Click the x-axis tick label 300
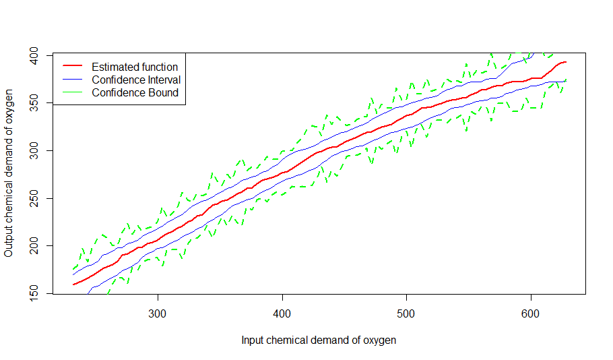[158, 314]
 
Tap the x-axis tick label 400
[282, 314]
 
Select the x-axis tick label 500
[406, 314]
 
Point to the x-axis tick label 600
[531, 314]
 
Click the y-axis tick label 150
[34, 293]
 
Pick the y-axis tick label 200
[34, 246]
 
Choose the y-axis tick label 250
[34, 198]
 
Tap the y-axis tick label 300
[34, 150]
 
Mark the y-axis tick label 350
[34, 103]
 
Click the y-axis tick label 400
[34, 55]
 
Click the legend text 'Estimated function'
[135, 67]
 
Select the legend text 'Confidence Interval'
[136, 80]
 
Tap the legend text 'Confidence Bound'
[135, 93]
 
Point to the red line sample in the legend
[73, 66]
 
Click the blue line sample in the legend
[73, 79]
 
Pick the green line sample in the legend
[73, 92]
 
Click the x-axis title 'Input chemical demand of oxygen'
[319, 340]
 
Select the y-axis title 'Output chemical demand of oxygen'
[9, 173]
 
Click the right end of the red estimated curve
[566, 62]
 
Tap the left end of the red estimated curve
[73, 284]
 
